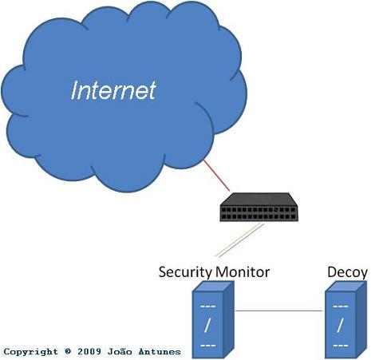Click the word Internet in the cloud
113,91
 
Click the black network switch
259,207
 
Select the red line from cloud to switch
216,175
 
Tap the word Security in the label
185,272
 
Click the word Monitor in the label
243,272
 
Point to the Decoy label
347,272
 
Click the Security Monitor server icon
213,320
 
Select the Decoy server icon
346,320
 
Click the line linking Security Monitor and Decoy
279,311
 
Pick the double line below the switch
239,240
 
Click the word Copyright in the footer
31,352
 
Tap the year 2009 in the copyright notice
89,351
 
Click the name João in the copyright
120,351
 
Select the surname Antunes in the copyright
160,351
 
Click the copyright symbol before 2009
68,351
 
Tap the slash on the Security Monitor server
207,326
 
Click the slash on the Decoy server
340,326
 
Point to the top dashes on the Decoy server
341,307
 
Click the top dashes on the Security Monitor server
207,307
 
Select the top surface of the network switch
259,199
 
